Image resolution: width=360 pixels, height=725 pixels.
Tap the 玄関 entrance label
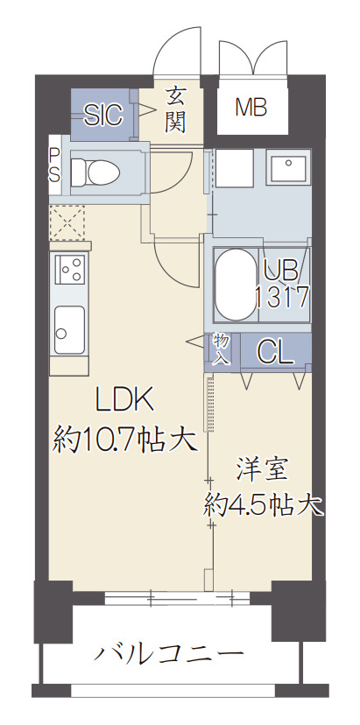(x=175, y=108)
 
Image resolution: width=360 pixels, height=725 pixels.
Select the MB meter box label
(x=251, y=109)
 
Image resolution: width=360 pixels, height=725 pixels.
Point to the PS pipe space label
(x=53, y=165)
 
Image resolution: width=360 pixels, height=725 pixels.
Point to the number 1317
(x=281, y=296)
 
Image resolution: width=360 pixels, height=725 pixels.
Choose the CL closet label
(x=275, y=352)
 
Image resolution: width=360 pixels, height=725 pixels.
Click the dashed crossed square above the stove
(x=67, y=222)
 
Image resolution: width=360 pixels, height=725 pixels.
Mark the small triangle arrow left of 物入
(x=194, y=343)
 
